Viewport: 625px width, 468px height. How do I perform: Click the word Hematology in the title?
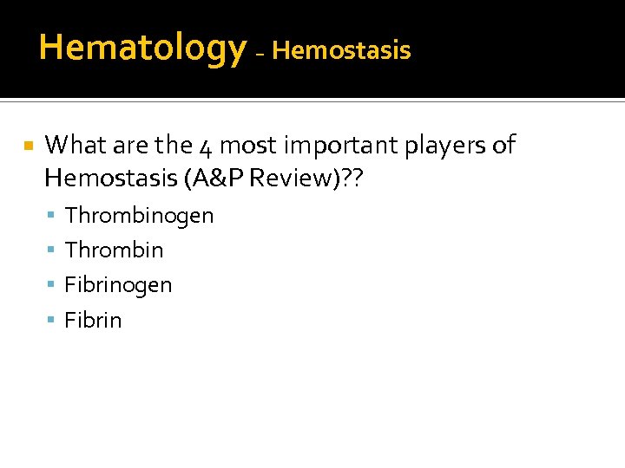pos(142,47)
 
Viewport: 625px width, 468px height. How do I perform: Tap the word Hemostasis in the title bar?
pos(341,50)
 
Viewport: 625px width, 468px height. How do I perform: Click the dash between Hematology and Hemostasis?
pos(260,52)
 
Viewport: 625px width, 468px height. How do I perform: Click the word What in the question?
pos(72,145)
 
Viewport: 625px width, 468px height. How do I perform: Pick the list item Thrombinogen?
pos(139,215)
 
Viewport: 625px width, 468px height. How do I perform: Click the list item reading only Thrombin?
pos(114,250)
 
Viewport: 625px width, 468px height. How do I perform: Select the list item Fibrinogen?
pos(118,285)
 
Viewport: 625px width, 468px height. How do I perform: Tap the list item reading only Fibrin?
pos(93,320)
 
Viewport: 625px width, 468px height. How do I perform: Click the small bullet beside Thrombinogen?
pos(53,216)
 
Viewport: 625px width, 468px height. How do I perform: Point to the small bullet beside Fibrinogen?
pos(53,285)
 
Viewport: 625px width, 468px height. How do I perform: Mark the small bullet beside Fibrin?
pos(53,321)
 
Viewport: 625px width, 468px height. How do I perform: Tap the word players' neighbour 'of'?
pos(503,146)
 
